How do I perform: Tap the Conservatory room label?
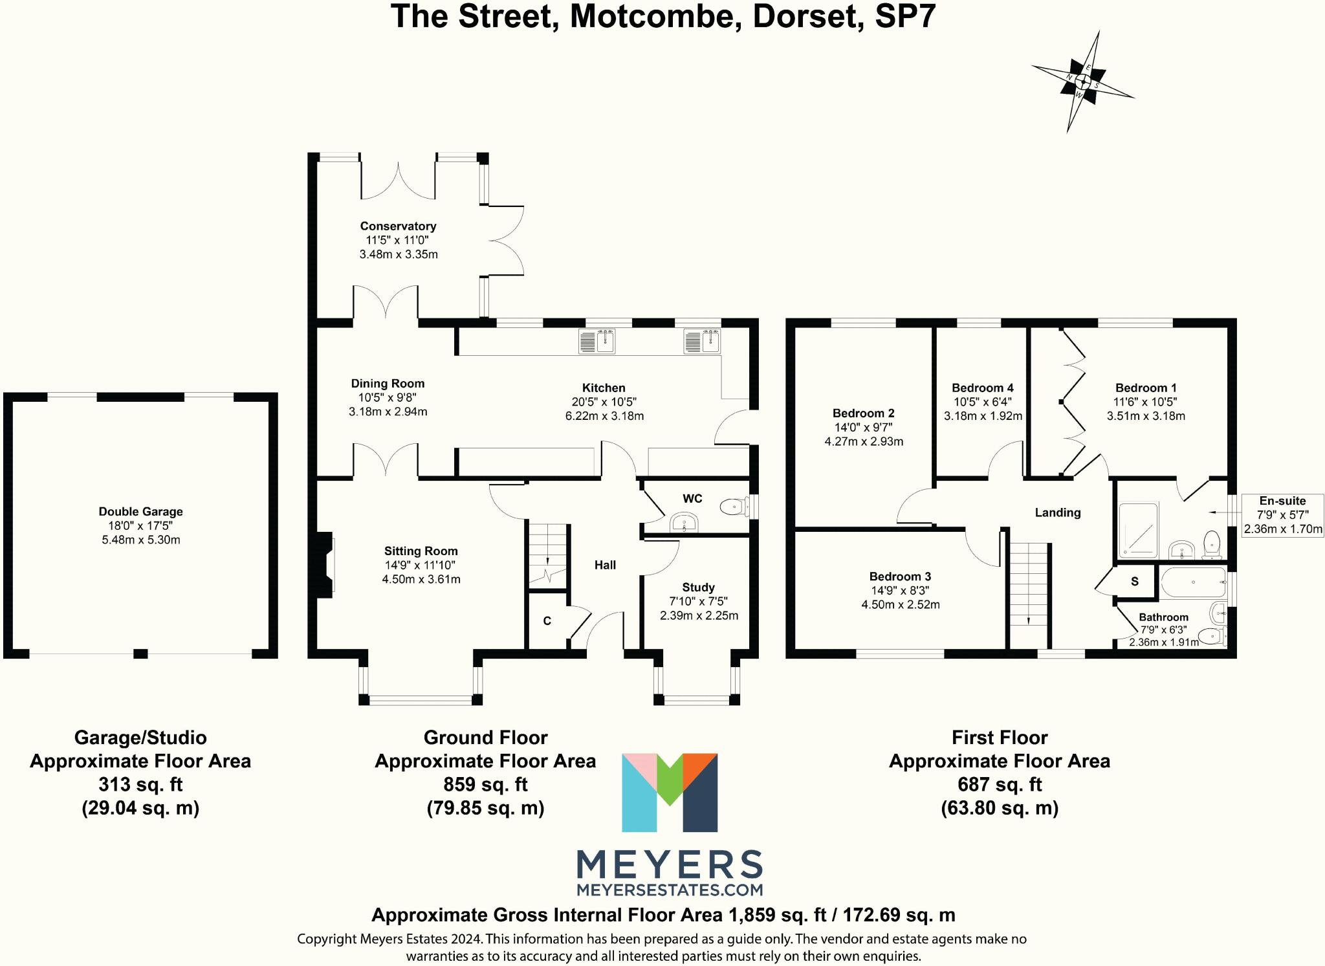[398, 226]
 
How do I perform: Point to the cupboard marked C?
[547, 621]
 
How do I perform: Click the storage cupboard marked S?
[1135, 581]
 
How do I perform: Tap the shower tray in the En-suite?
[1139, 530]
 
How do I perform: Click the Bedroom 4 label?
[983, 388]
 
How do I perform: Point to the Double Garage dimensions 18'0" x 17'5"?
[141, 526]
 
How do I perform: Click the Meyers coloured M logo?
[670, 792]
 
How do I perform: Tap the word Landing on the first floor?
[1058, 512]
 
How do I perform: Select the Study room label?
[699, 587]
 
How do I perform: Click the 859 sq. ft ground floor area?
[486, 785]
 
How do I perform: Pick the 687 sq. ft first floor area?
[1000, 785]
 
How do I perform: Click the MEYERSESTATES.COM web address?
[670, 890]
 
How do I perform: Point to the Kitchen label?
[604, 388]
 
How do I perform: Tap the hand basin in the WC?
[684, 522]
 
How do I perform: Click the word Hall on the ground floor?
[606, 565]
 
